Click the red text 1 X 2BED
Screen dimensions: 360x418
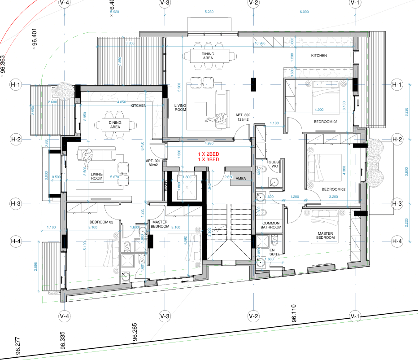(x=209, y=154)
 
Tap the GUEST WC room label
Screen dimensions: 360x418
(x=274, y=164)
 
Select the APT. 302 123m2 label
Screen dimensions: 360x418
(x=243, y=118)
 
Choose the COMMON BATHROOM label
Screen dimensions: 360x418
(x=271, y=225)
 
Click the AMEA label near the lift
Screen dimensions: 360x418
(x=241, y=178)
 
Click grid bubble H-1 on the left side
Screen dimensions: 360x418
(x=16, y=84)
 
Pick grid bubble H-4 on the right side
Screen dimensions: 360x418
(x=397, y=241)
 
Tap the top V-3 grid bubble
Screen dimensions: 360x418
(x=165, y=3)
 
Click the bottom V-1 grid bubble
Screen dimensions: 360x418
(x=355, y=316)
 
